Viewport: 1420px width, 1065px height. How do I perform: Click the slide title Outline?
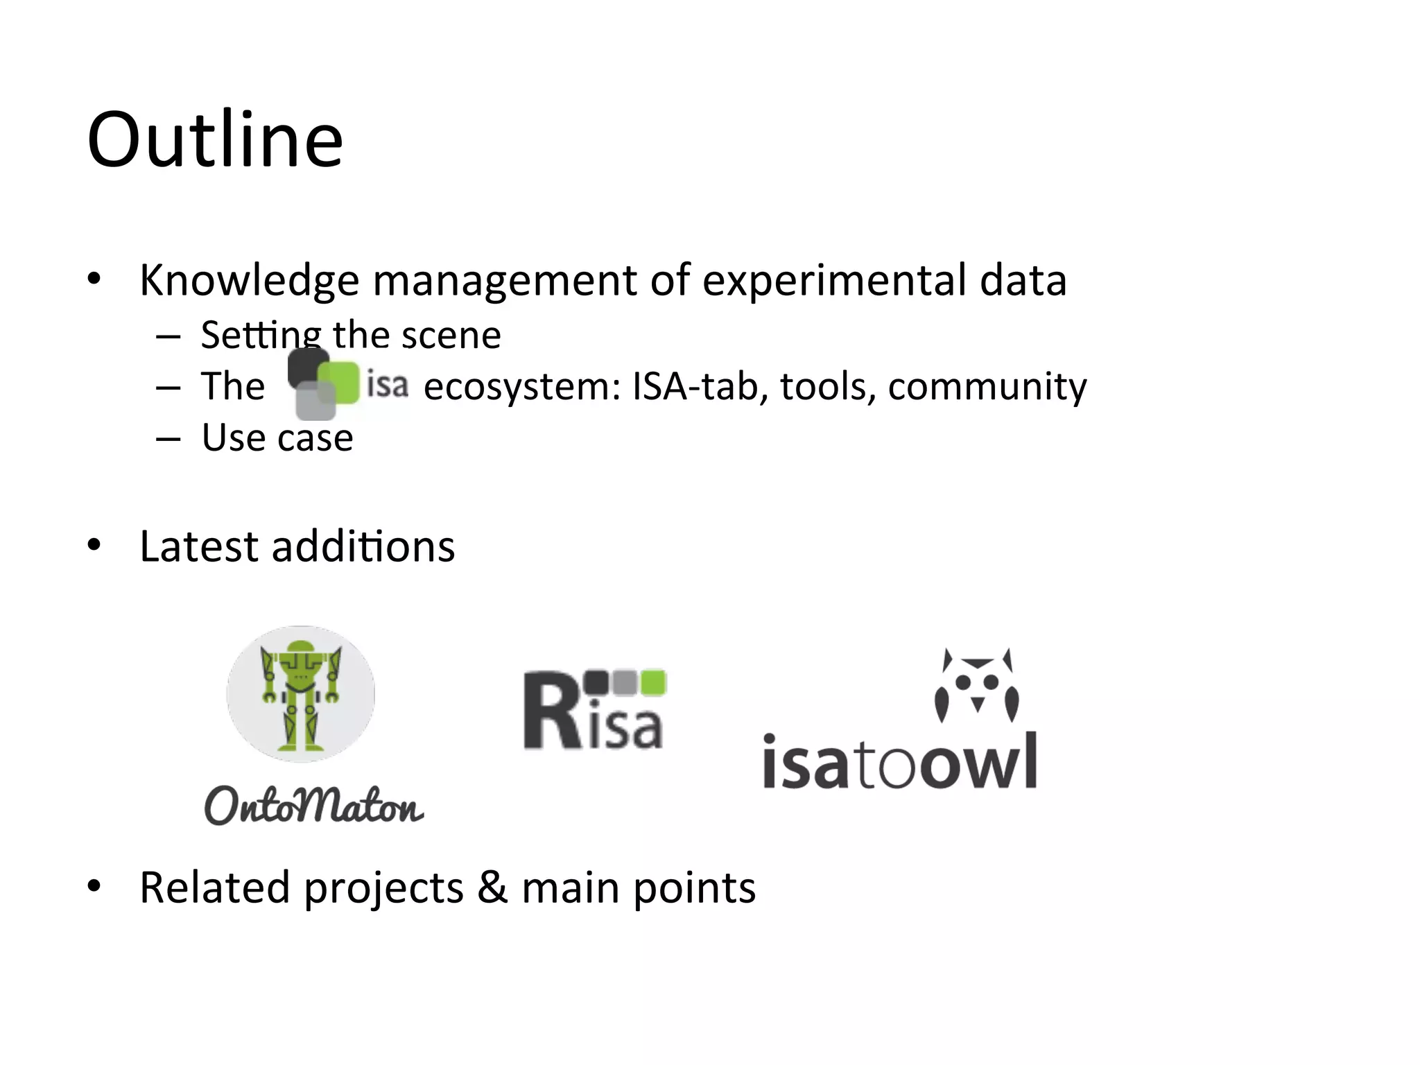tap(215, 140)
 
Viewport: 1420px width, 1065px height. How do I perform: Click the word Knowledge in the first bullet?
tap(249, 281)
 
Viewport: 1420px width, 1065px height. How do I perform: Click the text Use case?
tap(277, 438)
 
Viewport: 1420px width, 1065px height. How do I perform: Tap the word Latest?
tap(198, 546)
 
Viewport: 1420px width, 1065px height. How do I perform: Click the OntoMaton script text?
tap(313, 806)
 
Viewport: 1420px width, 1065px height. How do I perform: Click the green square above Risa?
tap(653, 682)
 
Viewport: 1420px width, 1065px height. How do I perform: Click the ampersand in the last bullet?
tap(492, 887)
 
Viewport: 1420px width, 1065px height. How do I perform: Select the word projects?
tap(383, 888)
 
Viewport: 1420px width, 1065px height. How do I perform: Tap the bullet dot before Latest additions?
tap(94, 546)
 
